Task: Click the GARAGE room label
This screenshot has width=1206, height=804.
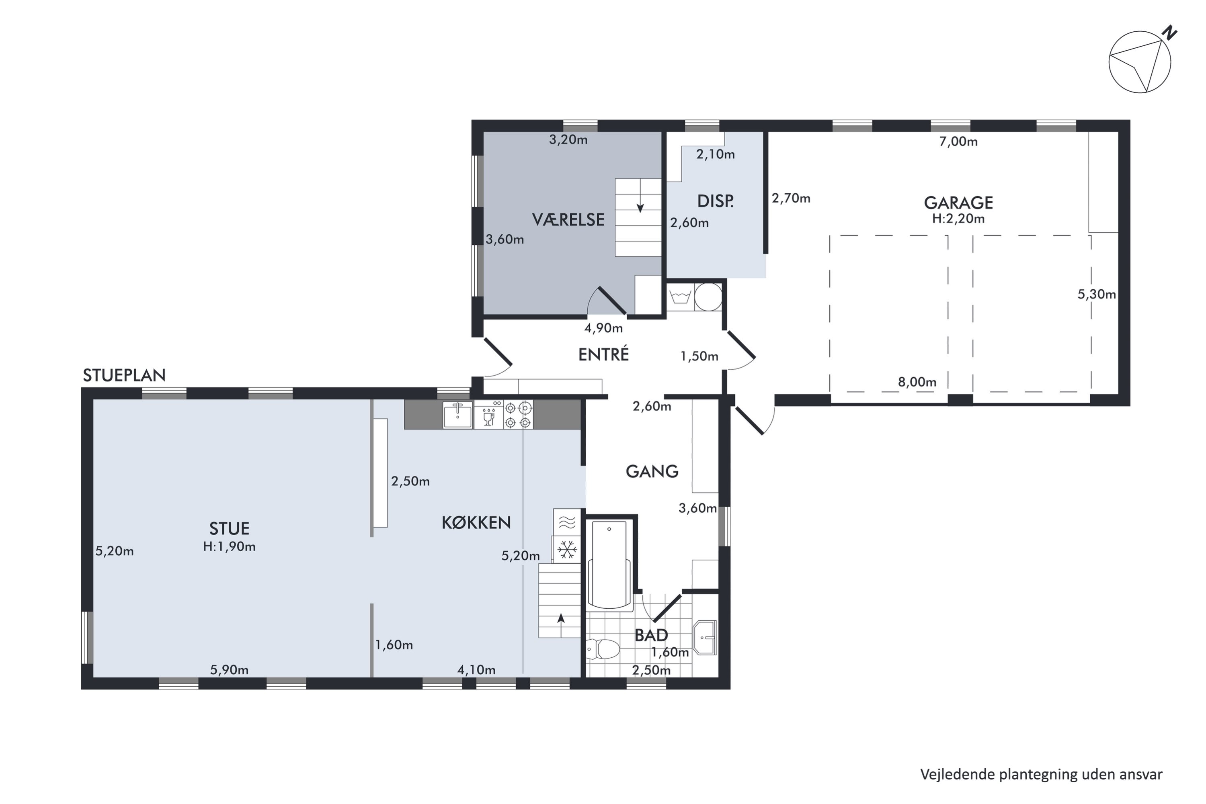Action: tap(958, 203)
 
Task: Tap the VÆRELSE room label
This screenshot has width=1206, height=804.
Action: tap(568, 219)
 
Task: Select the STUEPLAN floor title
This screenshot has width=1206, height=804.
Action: tap(124, 375)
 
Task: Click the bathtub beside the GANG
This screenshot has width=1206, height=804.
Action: tap(609, 565)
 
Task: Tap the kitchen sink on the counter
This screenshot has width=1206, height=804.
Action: tap(457, 414)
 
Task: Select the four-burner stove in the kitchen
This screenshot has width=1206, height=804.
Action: tap(518, 414)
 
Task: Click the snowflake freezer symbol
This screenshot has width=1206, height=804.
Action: tap(567, 550)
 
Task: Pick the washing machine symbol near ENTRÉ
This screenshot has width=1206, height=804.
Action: tap(680, 297)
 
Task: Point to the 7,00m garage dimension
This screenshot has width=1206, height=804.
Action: tap(958, 141)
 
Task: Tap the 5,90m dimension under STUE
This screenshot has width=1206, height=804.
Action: tap(229, 670)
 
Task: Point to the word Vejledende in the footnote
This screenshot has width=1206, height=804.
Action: tap(957, 774)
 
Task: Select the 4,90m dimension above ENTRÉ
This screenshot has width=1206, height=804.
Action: tap(604, 328)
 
